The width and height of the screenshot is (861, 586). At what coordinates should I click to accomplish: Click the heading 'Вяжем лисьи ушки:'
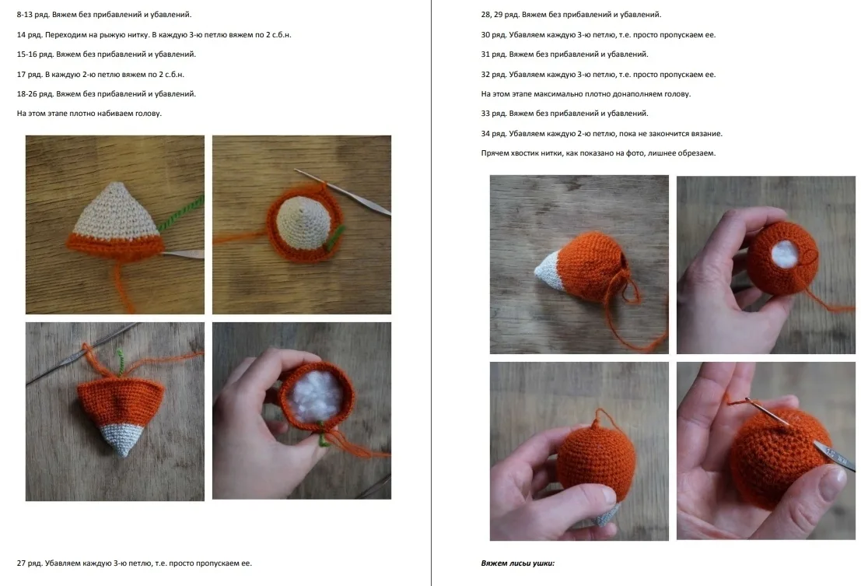click(517, 563)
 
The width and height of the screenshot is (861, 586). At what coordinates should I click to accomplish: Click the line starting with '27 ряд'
click(135, 563)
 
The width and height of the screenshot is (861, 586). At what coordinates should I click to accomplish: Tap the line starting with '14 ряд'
click(154, 34)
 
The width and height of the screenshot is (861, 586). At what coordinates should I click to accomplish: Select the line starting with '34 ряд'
click(602, 133)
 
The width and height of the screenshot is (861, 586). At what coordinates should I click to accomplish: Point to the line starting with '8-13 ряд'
click(104, 15)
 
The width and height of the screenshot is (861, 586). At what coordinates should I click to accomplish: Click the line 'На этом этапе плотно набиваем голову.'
click(89, 114)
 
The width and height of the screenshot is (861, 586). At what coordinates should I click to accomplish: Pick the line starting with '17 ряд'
click(100, 74)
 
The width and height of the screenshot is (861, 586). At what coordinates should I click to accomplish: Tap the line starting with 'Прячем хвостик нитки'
click(599, 153)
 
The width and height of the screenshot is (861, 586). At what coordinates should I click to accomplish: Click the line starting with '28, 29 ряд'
click(571, 15)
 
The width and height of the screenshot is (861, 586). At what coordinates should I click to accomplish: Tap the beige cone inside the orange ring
click(303, 222)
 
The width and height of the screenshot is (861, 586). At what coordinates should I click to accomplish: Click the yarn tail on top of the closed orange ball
click(599, 419)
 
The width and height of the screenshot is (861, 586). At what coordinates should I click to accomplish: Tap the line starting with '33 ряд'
click(565, 114)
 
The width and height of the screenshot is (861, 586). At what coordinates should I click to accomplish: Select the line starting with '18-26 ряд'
click(107, 94)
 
